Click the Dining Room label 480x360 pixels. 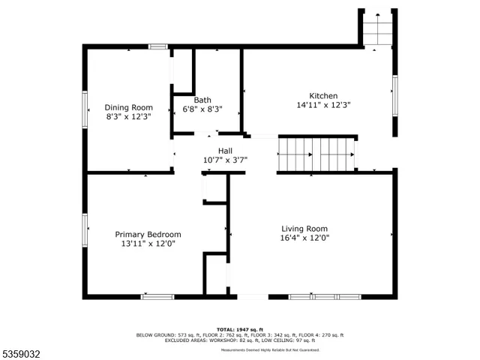point(128,107)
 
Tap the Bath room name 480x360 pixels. point(202,100)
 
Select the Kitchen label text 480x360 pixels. point(323,96)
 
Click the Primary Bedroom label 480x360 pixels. point(148,234)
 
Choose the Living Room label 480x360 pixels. point(304,229)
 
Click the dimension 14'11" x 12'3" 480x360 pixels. point(323,106)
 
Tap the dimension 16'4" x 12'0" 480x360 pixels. point(304,238)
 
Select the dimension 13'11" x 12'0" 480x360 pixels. point(148,244)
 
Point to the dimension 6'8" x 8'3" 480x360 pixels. point(202,109)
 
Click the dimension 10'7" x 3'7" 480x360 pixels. point(225,160)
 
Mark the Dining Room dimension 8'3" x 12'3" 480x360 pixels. point(128,117)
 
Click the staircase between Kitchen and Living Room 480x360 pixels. point(316,154)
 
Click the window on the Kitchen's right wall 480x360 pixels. point(394,95)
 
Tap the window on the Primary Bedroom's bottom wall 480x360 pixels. point(157,296)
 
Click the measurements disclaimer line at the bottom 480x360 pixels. point(269,349)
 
